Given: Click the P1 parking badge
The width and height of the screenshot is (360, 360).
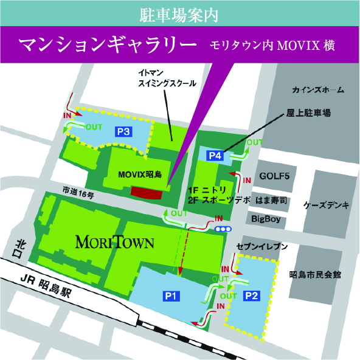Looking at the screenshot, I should pyautogui.click(x=170, y=296).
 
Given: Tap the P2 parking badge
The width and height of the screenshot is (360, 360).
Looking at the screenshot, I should pyautogui.click(x=251, y=296).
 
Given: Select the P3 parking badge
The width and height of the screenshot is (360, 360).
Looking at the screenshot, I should pyautogui.click(x=124, y=131).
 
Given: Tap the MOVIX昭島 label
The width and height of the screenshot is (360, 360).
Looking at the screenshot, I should pyautogui.click(x=140, y=175).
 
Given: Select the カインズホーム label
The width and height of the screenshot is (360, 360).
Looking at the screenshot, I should pyautogui.click(x=317, y=90).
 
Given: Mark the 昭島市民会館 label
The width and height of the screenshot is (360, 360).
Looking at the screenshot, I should pyautogui.click(x=315, y=275).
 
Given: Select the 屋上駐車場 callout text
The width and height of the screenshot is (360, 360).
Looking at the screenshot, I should pyautogui.click(x=308, y=114).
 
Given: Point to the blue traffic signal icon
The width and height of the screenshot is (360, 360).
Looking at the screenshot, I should pyautogui.click(x=223, y=229).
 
